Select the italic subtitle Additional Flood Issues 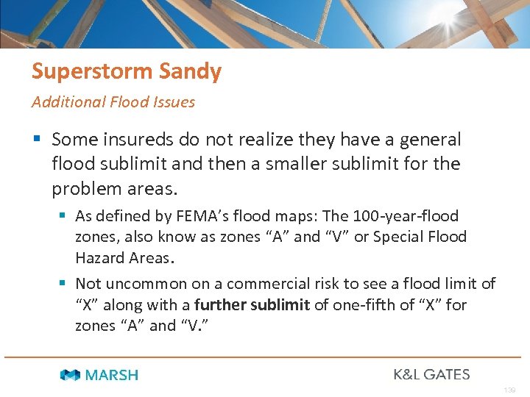pos(113,102)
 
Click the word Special pos(403,237)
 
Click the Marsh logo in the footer pos(99,375)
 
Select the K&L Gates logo pos(431,374)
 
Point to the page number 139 pos(510,390)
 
